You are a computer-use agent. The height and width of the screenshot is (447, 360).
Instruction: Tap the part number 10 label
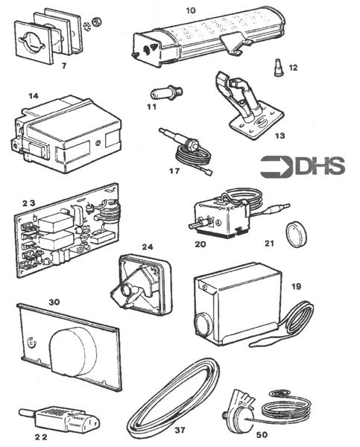click(x=191, y=10)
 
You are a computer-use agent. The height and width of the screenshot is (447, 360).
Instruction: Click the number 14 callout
click(x=34, y=96)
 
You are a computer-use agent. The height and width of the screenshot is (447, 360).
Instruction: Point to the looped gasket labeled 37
click(x=174, y=401)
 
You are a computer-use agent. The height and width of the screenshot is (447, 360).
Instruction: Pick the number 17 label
click(x=176, y=170)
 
